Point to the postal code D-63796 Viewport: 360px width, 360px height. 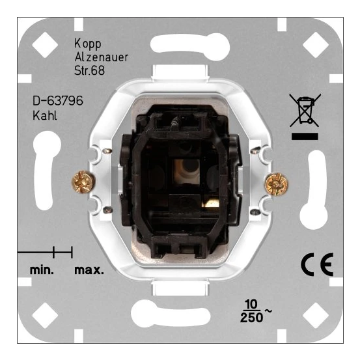click(57, 102)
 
